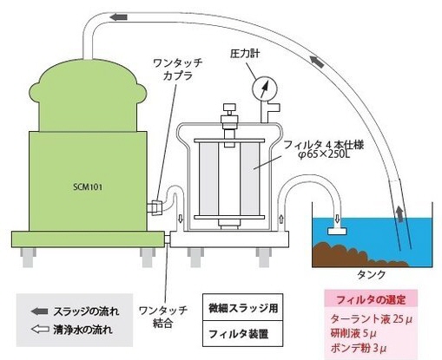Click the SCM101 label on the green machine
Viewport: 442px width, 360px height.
tap(88, 187)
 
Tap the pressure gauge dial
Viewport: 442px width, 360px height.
tap(265, 89)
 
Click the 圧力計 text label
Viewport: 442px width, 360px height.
tap(245, 54)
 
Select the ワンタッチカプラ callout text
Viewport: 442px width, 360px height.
tap(178, 69)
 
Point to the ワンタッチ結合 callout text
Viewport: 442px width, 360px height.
tap(163, 317)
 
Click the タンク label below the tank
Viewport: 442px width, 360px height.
tap(372, 274)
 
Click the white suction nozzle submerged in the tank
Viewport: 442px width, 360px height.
tap(337, 231)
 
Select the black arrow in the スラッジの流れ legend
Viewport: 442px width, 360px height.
tap(39, 311)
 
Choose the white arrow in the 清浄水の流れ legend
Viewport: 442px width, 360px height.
tap(39, 330)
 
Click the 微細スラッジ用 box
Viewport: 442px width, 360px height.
tap(242, 307)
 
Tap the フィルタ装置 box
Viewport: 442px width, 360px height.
tap(242, 333)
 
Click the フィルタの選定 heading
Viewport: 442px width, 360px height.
tap(371, 300)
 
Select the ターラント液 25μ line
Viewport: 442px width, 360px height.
tap(371, 319)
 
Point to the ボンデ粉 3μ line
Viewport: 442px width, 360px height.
tap(359, 348)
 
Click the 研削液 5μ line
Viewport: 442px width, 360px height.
tap(353, 333)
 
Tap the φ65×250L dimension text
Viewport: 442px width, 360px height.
tap(324, 154)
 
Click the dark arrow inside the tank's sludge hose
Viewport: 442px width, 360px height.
tap(399, 214)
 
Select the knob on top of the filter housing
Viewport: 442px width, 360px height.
tap(229, 108)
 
